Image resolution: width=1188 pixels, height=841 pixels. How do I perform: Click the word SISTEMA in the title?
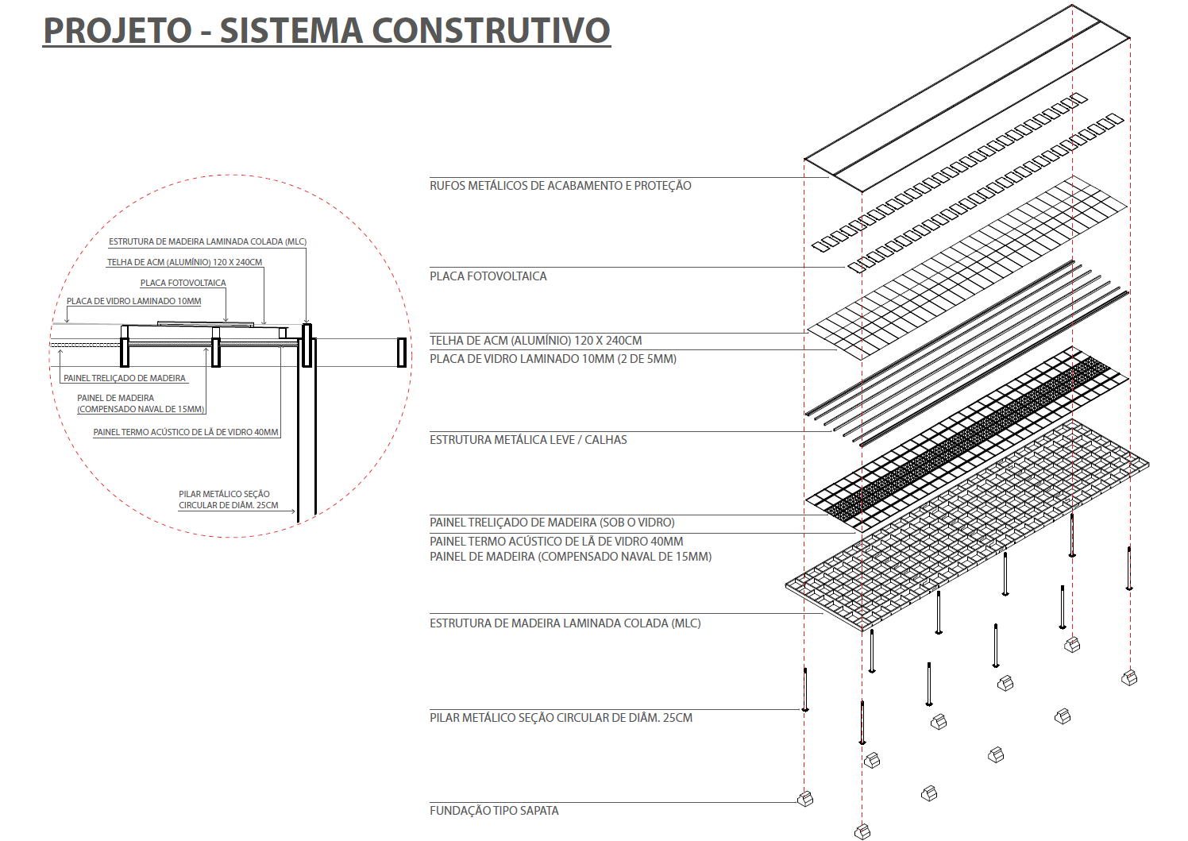(291, 30)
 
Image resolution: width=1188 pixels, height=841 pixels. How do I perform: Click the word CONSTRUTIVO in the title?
(491, 30)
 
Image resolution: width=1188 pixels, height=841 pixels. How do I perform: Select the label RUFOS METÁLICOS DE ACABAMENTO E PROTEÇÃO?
(560, 186)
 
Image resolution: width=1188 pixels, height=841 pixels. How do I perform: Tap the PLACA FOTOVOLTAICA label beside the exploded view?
(488, 276)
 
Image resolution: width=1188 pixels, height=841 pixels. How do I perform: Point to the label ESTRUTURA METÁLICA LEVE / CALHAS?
(528, 440)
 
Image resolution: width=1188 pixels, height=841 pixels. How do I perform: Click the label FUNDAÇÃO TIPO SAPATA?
(494, 810)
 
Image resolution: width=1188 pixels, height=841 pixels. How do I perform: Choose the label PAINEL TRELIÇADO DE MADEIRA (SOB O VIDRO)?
(552, 523)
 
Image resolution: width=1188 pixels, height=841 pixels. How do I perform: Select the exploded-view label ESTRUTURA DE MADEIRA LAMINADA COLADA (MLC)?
(565, 623)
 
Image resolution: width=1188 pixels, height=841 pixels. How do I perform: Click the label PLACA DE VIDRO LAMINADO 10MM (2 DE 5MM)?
(553, 359)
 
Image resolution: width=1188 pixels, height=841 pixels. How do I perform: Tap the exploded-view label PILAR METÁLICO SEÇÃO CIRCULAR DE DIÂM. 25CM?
(561, 717)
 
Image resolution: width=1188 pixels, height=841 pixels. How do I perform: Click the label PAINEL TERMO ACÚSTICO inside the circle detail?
(186, 432)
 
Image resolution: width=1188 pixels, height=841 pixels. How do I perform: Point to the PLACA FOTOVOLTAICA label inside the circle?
(183, 284)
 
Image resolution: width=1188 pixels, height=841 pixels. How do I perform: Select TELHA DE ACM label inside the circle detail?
(184, 263)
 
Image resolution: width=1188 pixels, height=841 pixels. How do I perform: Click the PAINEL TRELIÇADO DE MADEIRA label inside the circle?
(125, 378)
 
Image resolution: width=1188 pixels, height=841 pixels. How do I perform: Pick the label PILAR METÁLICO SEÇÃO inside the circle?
(229, 500)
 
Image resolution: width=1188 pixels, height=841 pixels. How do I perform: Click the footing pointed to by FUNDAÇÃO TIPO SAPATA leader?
(805, 799)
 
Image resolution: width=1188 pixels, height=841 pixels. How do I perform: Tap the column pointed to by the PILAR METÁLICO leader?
(805, 689)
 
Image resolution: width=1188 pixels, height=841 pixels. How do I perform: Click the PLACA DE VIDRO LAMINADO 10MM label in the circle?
(133, 301)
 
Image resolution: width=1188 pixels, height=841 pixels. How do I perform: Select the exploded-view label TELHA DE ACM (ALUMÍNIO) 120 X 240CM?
(536, 341)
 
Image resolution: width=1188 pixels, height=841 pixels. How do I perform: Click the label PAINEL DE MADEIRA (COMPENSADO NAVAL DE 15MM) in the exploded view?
(571, 557)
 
